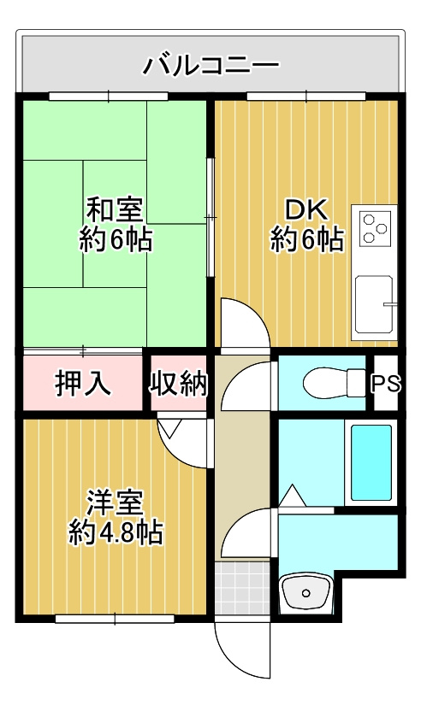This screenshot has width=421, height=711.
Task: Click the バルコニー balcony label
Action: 210,63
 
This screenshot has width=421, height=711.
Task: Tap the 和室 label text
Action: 116,208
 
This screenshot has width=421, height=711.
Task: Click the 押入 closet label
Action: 83,384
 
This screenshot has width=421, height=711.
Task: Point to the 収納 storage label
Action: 180,384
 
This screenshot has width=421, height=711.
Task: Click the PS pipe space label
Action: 386,384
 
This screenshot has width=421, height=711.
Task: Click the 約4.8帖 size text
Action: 116,533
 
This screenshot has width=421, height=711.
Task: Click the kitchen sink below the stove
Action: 375,305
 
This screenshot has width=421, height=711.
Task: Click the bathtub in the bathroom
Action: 371,461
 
